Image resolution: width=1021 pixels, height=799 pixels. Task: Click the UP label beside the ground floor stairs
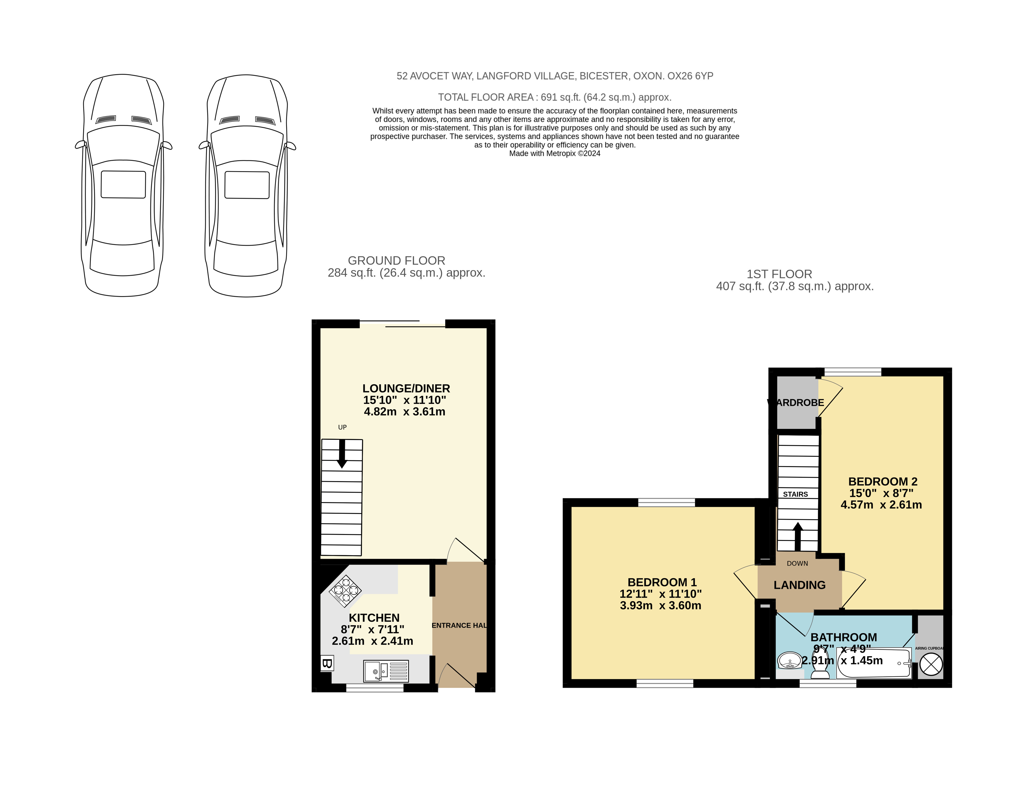(342, 427)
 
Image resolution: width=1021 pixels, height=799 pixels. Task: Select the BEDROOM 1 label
(662, 583)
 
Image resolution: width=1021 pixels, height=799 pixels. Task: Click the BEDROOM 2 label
(883, 481)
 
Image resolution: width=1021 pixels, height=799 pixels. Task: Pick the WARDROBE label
(795, 402)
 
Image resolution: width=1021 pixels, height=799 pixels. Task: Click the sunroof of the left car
(123, 184)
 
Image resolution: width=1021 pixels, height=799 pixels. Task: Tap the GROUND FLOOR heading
(396, 261)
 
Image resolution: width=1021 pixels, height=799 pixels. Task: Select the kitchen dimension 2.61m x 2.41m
(372, 641)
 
